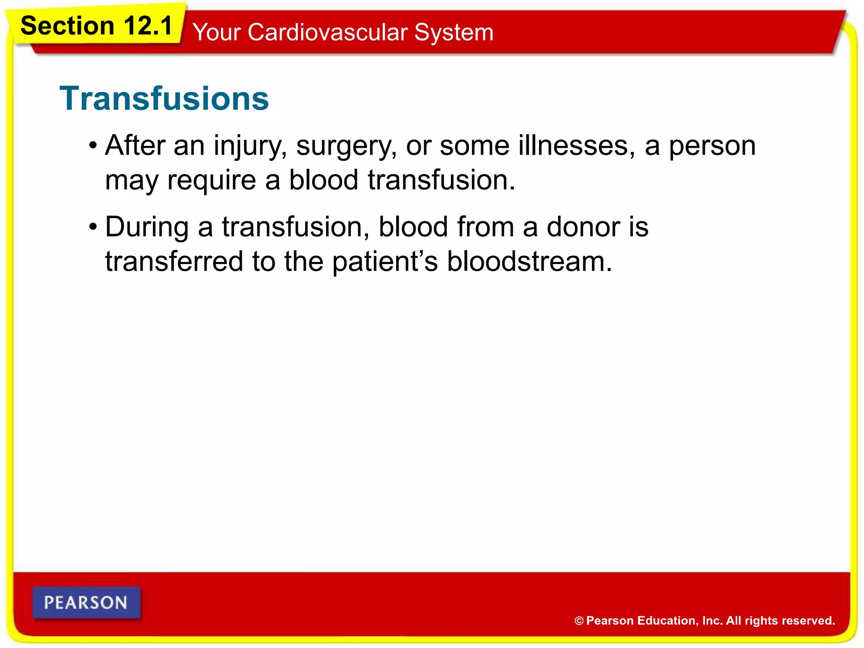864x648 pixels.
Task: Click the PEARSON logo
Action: click(x=86, y=602)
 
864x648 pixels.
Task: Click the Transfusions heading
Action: click(x=164, y=98)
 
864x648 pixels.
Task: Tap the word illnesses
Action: click(x=577, y=146)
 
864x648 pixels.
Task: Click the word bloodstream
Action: click(x=529, y=262)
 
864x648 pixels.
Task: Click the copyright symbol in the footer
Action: click(x=579, y=621)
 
